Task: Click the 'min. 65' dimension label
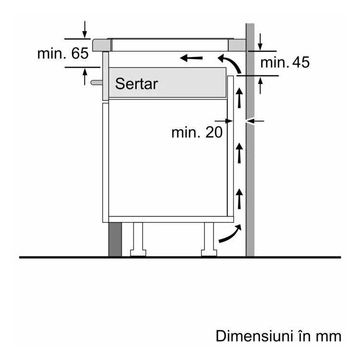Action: (63, 53)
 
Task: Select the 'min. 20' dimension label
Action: (197, 132)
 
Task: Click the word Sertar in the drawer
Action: (136, 84)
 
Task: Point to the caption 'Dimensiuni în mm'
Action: (278, 336)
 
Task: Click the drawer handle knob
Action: (96, 83)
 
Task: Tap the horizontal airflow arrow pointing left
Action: (191, 58)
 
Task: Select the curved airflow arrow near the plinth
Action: (230, 233)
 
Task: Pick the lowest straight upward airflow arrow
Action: (240, 199)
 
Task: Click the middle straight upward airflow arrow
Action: (240, 153)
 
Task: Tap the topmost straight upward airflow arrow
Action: (240, 97)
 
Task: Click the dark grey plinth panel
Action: (115, 240)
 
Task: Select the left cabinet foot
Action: (138, 240)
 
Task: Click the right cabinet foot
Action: (209, 240)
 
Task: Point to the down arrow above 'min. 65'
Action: (84, 30)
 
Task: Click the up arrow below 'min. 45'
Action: (260, 85)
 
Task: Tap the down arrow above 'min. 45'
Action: (260, 42)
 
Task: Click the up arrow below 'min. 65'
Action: (85, 77)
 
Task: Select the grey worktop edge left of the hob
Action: (102, 45)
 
